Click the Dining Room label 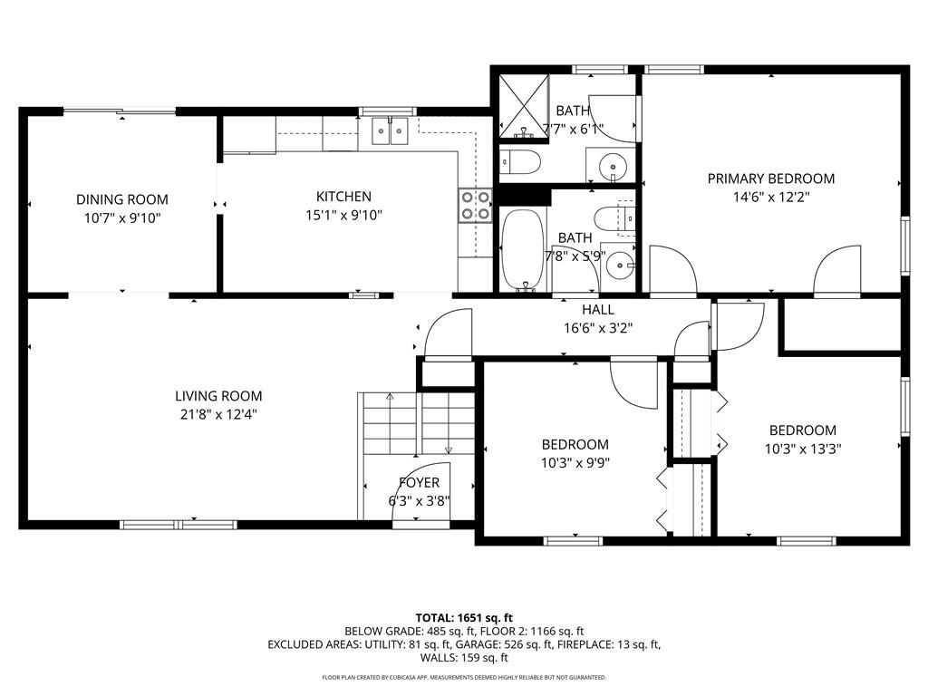click(122, 199)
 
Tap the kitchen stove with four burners click(475, 205)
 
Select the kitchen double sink click(390, 130)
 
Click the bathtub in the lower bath click(523, 250)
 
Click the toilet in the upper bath click(519, 162)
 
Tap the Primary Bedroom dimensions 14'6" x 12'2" click(771, 197)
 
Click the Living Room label click(218, 396)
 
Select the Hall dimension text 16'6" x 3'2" click(598, 328)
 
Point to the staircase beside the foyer click(417, 422)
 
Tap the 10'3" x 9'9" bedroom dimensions click(575, 463)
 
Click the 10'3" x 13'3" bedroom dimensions click(803, 449)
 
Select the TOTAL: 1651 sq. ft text click(464, 618)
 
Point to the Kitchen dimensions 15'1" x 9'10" click(343, 215)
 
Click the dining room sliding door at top click(120, 111)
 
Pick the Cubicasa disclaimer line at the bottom click(464, 677)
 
